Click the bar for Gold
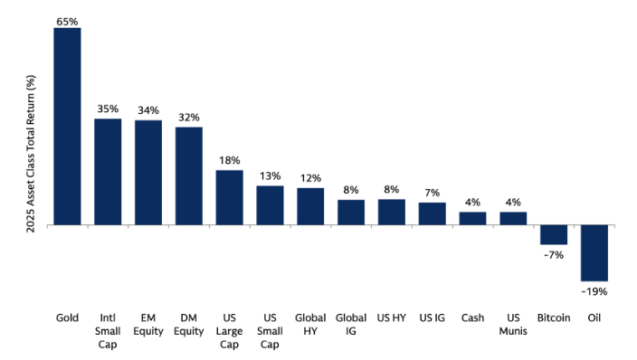[67, 126]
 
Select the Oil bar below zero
[594, 252]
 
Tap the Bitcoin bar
[554, 234]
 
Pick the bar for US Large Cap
[229, 197]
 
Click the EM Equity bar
[148, 172]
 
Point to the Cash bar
[472, 218]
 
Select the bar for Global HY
[310, 206]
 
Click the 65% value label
[67, 19]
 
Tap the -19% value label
[594, 291]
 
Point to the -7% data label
[554, 255]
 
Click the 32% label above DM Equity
[188, 118]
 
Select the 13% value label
[270, 176]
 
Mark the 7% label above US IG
[432, 194]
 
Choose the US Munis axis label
[513, 325]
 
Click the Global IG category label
[350, 325]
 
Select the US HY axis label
[391, 318]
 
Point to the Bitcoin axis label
[553, 318]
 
